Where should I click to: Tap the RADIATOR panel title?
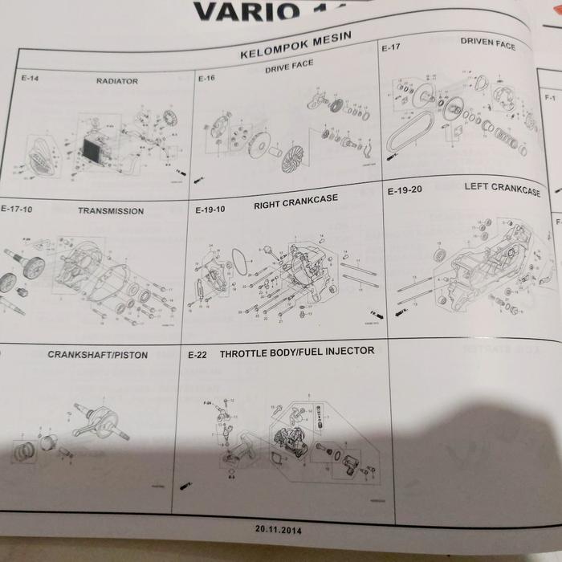[117, 81]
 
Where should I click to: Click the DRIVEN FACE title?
[487, 43]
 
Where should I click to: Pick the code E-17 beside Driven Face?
[391, 48]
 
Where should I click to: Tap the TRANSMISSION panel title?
[111, 211]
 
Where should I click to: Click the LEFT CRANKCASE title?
[502, 189]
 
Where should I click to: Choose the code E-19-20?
[405, 193]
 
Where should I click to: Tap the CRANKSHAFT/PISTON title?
[96, 354]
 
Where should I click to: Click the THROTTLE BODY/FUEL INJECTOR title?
[296, 352]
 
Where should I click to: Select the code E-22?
[198, 354]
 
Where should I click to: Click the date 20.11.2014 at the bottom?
[279, 530]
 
